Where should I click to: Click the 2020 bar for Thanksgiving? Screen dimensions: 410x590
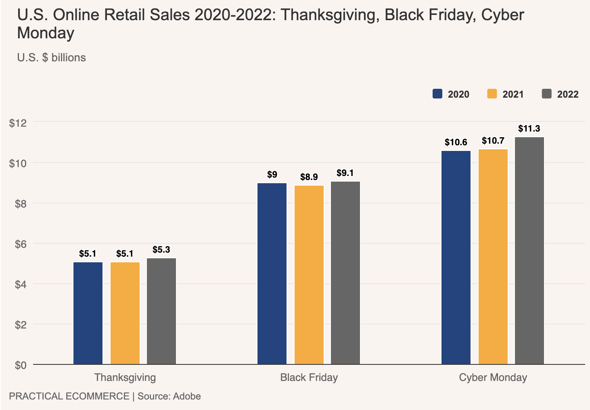pos(88,313)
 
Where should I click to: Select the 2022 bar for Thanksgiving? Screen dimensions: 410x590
pos(161,311)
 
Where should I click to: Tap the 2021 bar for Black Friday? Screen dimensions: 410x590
pos(309,275)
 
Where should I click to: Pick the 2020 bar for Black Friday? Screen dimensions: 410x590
pos(272,274)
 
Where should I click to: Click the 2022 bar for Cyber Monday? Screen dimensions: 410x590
pos(529,251)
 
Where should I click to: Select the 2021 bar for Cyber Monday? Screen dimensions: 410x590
pos(493,257)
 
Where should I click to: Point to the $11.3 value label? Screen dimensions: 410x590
pos(529,129)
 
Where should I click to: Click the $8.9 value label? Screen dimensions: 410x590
pos(309,177)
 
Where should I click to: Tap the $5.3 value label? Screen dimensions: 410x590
pos(161,250)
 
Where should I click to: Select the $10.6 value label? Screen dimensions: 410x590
pos(456,142)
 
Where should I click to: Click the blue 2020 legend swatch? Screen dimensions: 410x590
pos(438,94)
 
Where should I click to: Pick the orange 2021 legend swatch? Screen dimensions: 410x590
pos(492,94)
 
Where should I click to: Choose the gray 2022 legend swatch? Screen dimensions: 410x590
pos(547,94)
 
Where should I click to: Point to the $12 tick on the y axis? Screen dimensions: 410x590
pos(18,123)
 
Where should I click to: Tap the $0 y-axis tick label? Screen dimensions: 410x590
pos(21,365)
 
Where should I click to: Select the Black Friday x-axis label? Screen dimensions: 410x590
pos(309,378)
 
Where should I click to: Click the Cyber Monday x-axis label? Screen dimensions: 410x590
pos(493,378)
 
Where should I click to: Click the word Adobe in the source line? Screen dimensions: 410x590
pos(187,396)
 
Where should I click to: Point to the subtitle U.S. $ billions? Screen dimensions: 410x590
pos(52,58)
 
